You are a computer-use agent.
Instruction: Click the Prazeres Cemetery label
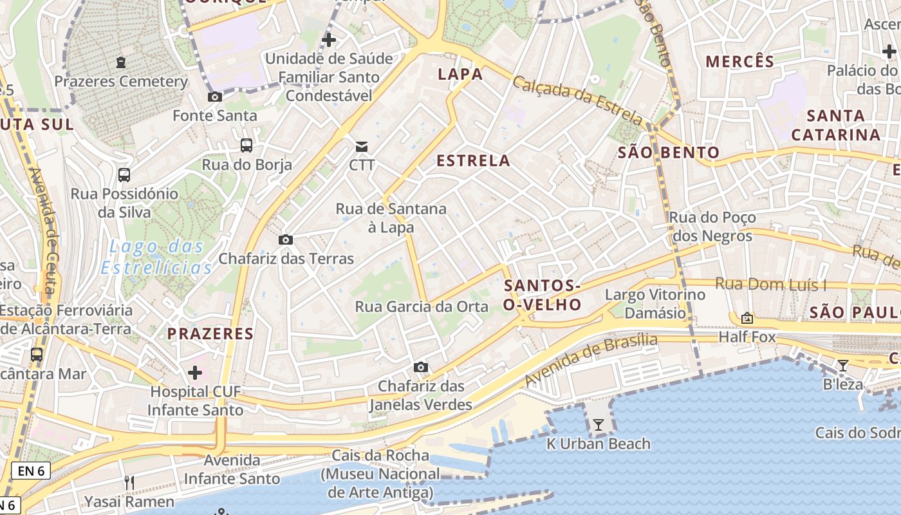(x=121, y=82)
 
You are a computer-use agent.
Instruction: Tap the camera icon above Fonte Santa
(x=215, y=97)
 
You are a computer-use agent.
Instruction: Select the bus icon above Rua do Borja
(x=246, y=145)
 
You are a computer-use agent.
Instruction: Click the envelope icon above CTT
(x=362, y=147)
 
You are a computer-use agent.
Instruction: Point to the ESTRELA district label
(x=473, y=161)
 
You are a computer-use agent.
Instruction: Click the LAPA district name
(x=460, y=74)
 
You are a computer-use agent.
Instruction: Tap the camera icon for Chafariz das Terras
(x=286, y=240)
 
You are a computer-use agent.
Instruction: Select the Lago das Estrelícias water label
(x=157, y=257)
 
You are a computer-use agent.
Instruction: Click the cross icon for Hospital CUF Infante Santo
(x=195, y=373)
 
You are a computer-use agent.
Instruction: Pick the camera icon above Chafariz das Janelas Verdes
(x=421, y=368)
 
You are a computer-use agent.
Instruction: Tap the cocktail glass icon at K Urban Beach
(x=599, y=425)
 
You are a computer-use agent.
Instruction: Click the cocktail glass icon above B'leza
(x=842, y=366)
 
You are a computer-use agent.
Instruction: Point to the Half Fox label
(x=747, y=337)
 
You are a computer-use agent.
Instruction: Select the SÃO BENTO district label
(x=669, y=153)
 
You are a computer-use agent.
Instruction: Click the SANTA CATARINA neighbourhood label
(x=835, y=126)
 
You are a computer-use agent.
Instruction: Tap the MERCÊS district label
(x=740, y=62)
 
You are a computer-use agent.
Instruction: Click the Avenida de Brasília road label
(x=591, y=360)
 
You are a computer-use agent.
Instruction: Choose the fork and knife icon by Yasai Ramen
(x=129, y=482)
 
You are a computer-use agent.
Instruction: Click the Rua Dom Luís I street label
(x=770, y=285)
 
